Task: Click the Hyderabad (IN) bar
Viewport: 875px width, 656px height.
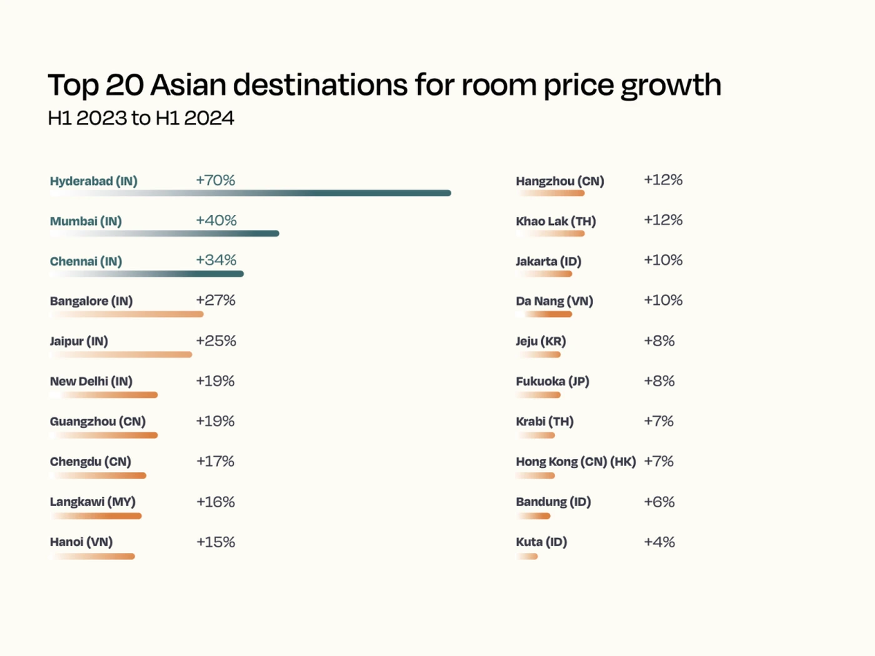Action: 250,193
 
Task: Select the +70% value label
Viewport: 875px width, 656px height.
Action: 215,180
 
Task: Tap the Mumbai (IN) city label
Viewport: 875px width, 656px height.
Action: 86,221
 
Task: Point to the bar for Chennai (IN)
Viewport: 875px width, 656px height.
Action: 147,274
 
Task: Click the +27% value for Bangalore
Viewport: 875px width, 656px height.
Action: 216,301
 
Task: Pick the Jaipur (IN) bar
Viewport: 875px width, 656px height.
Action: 121,354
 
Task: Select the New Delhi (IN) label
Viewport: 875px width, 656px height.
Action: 91,381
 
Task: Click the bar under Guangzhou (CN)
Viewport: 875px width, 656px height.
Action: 104,435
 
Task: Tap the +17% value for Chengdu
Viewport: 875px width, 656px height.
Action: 215,461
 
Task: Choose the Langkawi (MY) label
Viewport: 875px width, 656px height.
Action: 92,502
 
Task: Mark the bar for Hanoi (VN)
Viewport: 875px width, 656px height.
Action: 92,556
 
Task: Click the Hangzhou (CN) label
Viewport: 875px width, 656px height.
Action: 559,181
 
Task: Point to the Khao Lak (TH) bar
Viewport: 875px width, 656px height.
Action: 551,234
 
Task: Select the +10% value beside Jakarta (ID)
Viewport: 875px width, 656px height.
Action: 663,260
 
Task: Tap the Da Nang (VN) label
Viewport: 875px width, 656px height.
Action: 554,301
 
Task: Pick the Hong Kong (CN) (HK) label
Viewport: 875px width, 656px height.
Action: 575,462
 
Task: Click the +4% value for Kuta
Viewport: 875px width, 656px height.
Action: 659,542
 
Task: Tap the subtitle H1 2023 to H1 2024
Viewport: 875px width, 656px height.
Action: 141,118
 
